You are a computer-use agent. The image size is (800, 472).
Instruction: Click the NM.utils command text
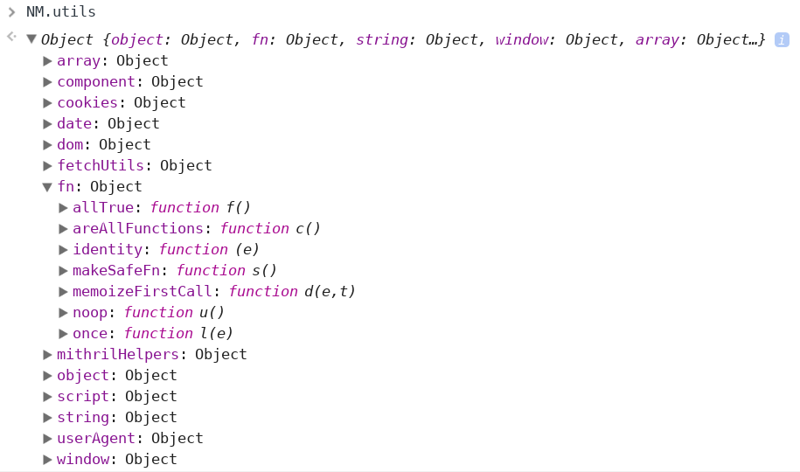point(61,12)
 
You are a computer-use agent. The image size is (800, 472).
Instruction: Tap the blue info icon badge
point(782,39)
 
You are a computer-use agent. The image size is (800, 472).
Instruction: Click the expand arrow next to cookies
point(48,102)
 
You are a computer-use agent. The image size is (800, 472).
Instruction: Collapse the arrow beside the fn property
point(48,186)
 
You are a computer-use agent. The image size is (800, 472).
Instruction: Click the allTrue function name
point(103,207)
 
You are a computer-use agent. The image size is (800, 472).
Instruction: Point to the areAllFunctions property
point(137,228)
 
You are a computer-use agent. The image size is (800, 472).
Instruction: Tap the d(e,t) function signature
point(330,291)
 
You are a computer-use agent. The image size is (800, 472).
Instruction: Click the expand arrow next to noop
point(63,312)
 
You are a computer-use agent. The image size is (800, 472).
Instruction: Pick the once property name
point(90,333)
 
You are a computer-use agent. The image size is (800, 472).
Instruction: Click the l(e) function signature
point(217,333)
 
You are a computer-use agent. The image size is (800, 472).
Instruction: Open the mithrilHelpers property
point(117,354)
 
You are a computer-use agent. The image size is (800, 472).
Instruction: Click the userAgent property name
point(96,438)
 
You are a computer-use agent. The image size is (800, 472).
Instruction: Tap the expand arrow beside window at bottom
point(48,459)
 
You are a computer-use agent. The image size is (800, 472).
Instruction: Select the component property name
point(96,81)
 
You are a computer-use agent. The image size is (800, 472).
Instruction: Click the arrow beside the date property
point(48,123)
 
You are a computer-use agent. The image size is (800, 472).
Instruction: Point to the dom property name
point(70,144)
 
